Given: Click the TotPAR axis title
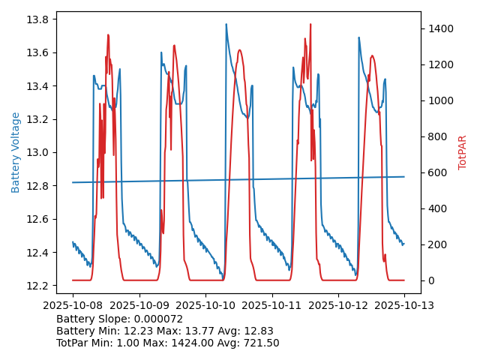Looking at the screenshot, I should pyautogui.click(x=463, y=152).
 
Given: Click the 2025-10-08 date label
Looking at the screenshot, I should pyautogui.click(x=73, y=305).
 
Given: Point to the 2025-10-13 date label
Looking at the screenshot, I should pyautogui.click(x=404, y=305).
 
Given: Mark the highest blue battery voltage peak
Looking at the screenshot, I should pyautogui.click(x=226, y=24).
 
